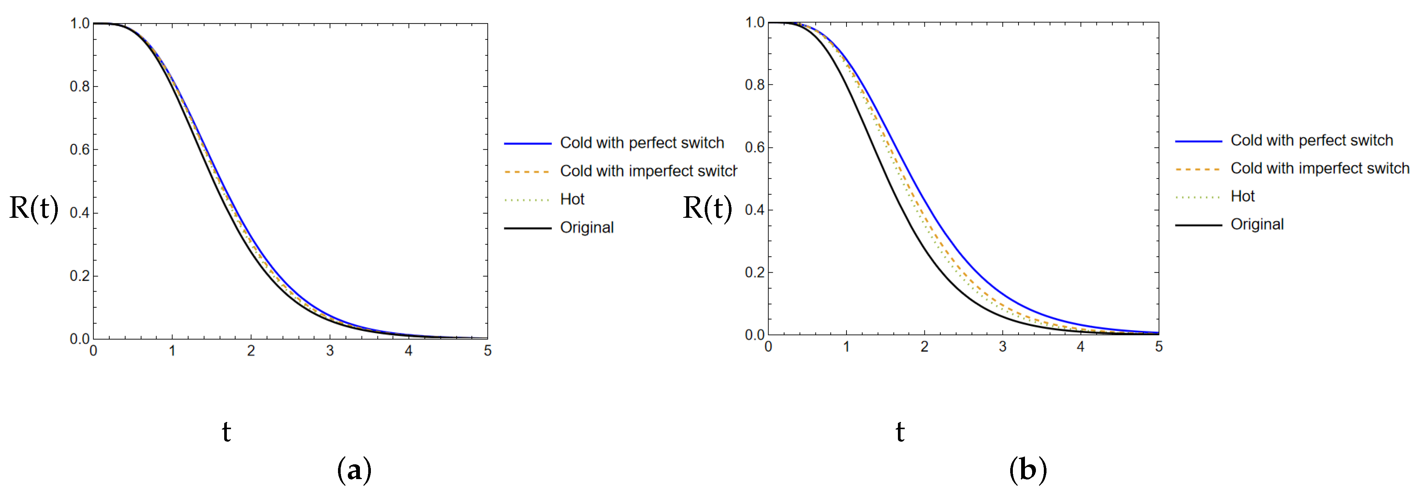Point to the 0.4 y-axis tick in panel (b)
(x=755, y=210)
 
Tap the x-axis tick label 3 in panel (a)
(x=330, y=351)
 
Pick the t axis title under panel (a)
(x=226, y=432)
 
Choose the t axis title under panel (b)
(x=900, y=432)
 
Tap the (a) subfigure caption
(x=354, y=470)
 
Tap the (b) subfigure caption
(x=1028, y=470)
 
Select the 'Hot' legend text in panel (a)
(x=572, y=199)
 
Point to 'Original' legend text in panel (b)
(x=1257, y=224)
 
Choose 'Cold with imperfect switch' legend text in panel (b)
(x=1319, y=168)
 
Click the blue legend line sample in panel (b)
(x=1198, y=141)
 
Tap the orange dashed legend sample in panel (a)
(x=527, y=172)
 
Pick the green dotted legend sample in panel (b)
(x=1198, y=197)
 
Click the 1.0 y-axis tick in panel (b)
(x=755, y=23)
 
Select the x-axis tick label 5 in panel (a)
(x=487, y=351)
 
